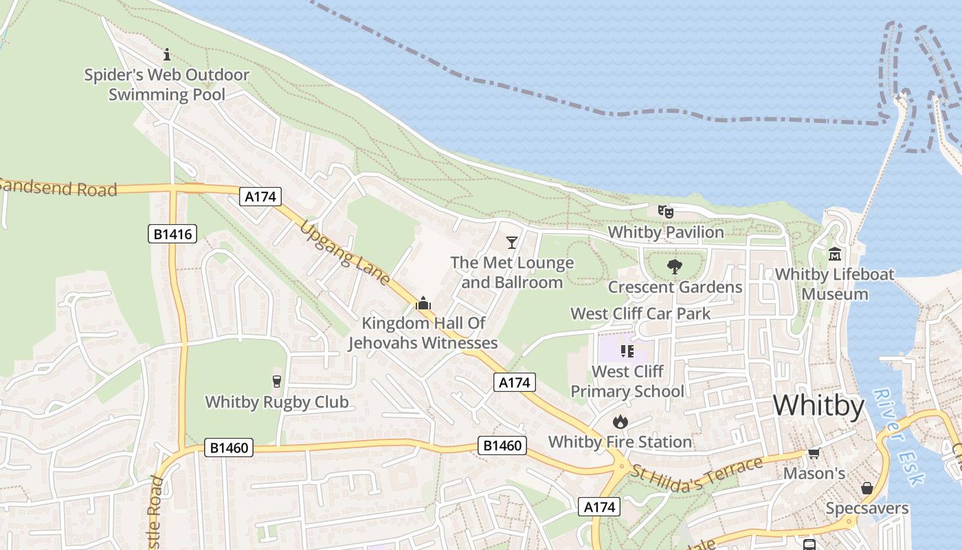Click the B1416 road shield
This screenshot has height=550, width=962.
[172, 234]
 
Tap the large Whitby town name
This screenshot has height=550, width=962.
[818, 406]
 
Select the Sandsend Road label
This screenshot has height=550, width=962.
[58, 187]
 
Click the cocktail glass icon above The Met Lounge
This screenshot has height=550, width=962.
[511, 242]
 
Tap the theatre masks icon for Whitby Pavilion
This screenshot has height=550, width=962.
[665, 212]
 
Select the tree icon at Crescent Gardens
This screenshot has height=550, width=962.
[674, 267]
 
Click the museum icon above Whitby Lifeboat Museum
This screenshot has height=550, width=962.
[835, 254]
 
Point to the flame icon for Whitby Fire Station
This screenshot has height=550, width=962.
[620, 421]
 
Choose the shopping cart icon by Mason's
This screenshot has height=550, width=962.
[814, 453]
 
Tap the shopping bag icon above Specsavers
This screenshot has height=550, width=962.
[867, 488]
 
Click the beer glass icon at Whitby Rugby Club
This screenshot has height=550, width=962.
[277, 381]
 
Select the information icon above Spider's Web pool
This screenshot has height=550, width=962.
[166, 54]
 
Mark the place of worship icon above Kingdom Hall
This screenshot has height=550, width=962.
[423, 303]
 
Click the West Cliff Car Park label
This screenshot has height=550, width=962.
[640, 313]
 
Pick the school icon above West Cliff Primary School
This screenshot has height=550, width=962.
[627, 351]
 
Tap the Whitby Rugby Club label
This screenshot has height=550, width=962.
[277, 401]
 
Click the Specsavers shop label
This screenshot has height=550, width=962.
[866, 509]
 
